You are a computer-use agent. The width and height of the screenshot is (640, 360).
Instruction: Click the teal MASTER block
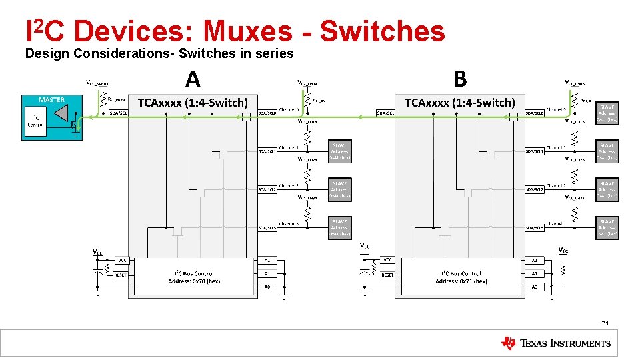[51, 117]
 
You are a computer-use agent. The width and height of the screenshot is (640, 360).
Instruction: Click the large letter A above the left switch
[193, 80]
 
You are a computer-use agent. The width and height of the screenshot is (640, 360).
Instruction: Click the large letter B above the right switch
[460, 79]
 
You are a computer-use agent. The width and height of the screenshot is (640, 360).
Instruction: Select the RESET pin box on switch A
[121, 274]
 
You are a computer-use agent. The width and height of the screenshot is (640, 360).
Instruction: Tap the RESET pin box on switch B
[387, 274]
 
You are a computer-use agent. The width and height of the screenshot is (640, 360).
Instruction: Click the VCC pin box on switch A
[122, 260]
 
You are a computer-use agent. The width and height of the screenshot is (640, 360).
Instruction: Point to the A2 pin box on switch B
[534, 260]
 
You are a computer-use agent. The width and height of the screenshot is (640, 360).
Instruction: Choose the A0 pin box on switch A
[267, 287]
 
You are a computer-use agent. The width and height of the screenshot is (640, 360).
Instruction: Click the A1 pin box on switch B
[534, 273]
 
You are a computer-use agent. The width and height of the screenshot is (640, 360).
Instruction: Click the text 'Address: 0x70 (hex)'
[194, 281]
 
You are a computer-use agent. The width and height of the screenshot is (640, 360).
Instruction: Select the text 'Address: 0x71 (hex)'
[461, 281]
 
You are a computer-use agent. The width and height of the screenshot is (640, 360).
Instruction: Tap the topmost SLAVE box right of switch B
[607, 112]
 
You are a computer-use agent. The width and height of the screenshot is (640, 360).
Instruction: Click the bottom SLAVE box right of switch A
[339, 227]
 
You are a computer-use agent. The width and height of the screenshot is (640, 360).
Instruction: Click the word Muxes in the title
[247, 31]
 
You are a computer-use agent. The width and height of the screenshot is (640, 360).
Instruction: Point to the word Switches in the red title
[382, 31]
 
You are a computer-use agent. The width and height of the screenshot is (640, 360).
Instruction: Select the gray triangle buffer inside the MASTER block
[56, 119]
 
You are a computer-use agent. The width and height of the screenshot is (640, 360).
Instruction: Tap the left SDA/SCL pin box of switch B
[386, 113]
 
